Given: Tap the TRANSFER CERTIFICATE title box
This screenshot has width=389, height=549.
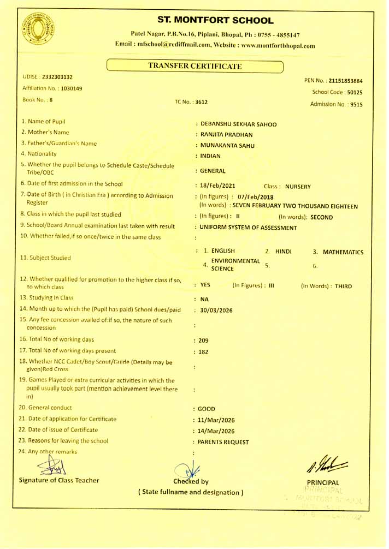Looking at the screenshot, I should [195, 67].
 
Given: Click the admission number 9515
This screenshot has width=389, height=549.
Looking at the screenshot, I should [355, 104].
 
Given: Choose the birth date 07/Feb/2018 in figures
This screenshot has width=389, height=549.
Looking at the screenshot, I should [255, 197].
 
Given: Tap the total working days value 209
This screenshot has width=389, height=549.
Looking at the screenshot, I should [203, 341].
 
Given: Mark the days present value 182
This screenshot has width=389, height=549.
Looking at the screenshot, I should [203, 352].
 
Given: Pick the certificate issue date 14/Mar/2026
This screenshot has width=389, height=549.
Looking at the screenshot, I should [216, 431].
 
